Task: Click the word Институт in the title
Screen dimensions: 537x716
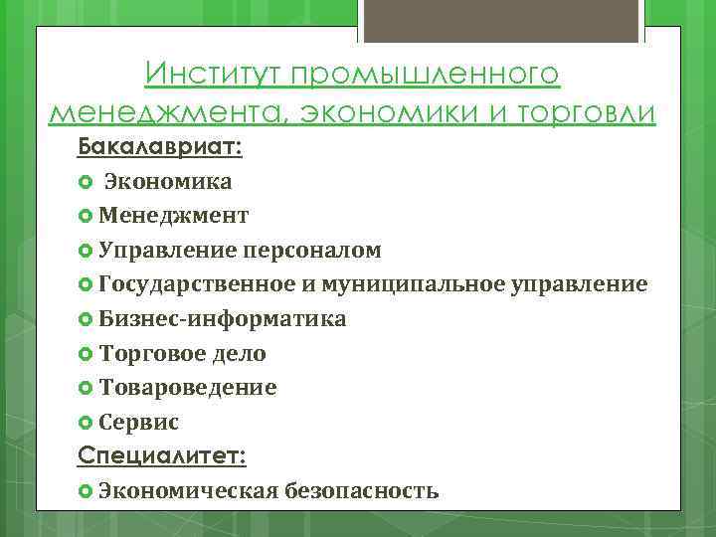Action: click(204, 75)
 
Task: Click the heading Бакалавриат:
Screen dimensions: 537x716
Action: click(160, 147)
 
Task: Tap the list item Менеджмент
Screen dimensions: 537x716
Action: click(174, 216)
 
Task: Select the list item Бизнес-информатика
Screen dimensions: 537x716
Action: click(223, 319)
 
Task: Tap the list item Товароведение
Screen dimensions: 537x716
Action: click(188, 388)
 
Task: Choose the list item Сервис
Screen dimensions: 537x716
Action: click(138, 423)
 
